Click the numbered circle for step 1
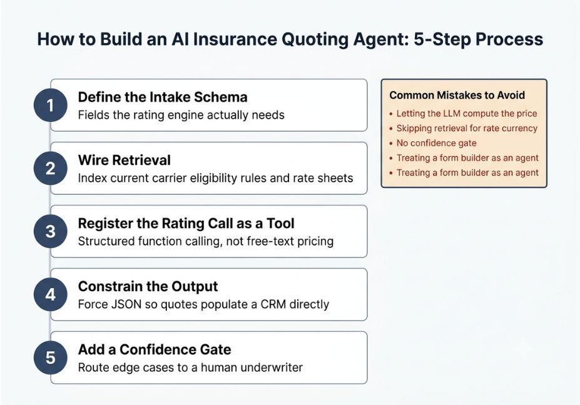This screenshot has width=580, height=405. (50, 106)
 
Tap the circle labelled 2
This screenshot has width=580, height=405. (50, 169)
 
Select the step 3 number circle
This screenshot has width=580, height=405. (50, 232)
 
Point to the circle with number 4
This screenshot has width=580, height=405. (50, 294)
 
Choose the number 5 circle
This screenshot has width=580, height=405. (50, 357)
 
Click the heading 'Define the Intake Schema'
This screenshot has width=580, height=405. (163, 97)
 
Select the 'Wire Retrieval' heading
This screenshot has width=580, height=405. (125, 161)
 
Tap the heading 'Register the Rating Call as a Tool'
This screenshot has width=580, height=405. (186, 224)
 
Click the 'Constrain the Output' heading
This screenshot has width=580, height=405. (148, 287)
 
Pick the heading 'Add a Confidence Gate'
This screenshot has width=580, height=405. (155, 349)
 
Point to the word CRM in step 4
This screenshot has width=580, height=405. (273, 304)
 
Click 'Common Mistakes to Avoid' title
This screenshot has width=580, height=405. (457, 96)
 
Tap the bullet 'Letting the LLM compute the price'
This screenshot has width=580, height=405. (467, 114)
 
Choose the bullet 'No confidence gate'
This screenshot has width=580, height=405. (436, 143)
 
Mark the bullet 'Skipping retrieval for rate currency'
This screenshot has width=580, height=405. (467, 128)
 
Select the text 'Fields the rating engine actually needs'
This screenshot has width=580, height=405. (181, 115)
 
